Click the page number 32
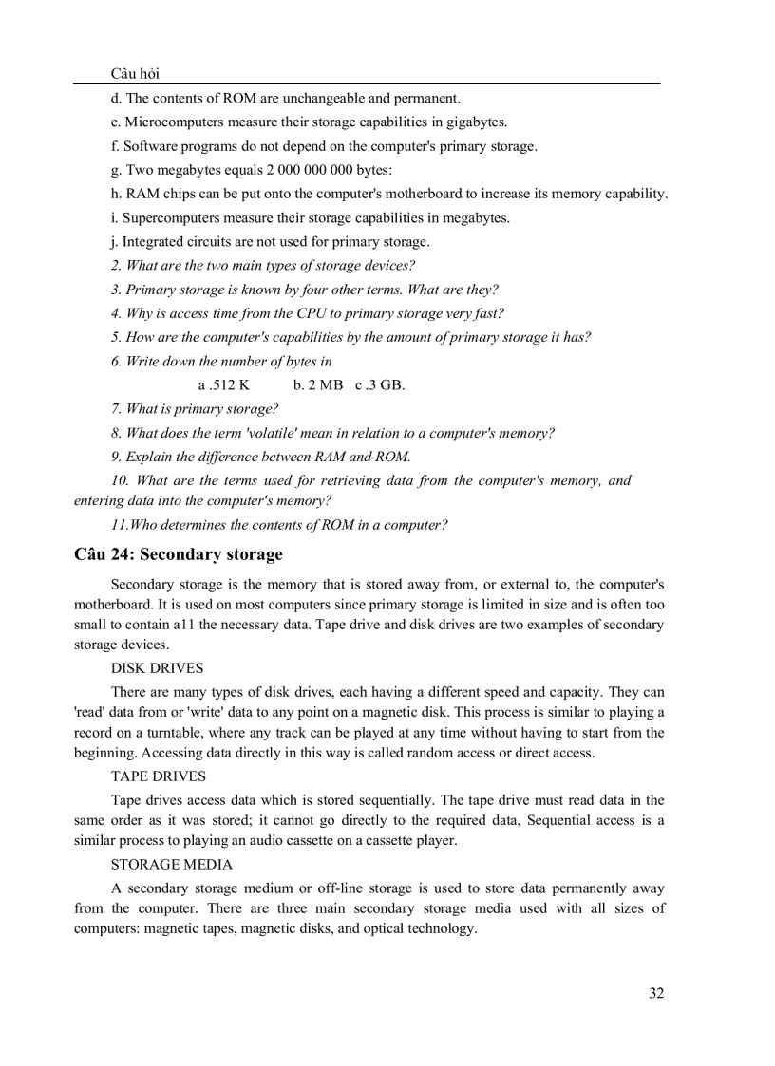(656, 993)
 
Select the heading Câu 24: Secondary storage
(178, 554)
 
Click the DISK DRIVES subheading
(157, 668)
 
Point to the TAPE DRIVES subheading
(158, 776)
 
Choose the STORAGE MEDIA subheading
(171, 865)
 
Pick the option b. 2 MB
(318, 385)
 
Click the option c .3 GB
(380, 385)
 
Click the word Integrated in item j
(155, 241)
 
